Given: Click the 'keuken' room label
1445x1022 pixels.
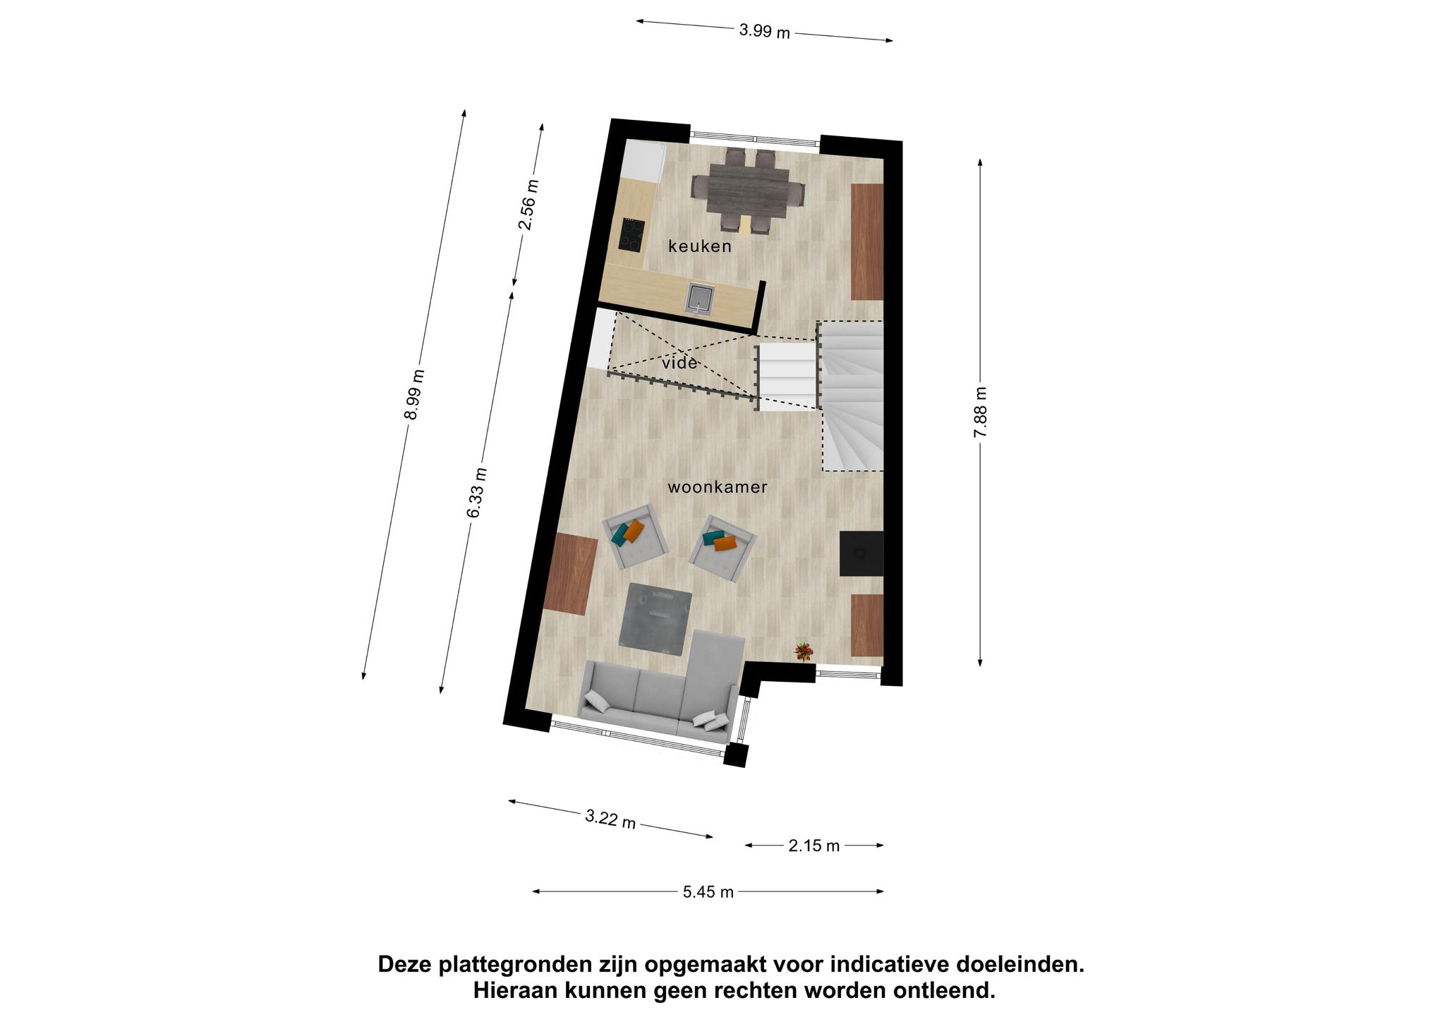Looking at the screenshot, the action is [699, 246].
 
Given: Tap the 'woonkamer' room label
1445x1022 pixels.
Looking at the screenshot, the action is [718, 487].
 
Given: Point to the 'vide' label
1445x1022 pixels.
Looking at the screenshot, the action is [680, 363].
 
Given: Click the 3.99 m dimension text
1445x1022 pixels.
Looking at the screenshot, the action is [764, 31].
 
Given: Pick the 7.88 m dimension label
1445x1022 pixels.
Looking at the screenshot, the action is [980, 412].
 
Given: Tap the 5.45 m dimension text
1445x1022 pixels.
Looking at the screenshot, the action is [708, 892].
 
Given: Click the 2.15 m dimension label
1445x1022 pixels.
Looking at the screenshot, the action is [814, 846].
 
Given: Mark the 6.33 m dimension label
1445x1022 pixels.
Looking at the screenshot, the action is [477, 493].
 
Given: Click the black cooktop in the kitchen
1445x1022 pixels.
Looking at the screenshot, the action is [138, 235].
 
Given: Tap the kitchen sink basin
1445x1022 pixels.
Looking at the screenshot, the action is [205, 299].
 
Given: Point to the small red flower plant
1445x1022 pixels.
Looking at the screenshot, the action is [804, 651].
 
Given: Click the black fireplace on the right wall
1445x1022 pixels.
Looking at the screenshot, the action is [861, 553].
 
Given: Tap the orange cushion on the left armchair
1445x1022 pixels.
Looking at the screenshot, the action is [634, 531].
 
